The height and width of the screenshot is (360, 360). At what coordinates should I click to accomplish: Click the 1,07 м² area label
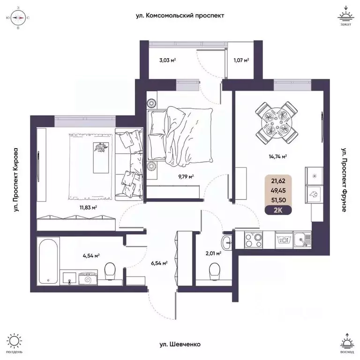pos(240,60)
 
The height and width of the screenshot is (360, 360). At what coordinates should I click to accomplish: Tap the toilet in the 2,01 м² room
pos(214,270)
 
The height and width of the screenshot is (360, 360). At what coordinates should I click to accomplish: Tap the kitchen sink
pos(300,240)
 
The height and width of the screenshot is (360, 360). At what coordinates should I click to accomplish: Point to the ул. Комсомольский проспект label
pos(180,15)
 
